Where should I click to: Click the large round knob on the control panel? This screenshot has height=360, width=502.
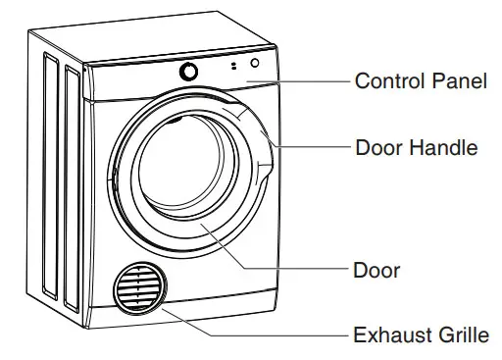[187, 73]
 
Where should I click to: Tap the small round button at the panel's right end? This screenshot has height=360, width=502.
[255, 64]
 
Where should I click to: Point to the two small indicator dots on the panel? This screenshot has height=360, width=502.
[233, 68]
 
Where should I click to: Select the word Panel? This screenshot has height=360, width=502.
[459, 81]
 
